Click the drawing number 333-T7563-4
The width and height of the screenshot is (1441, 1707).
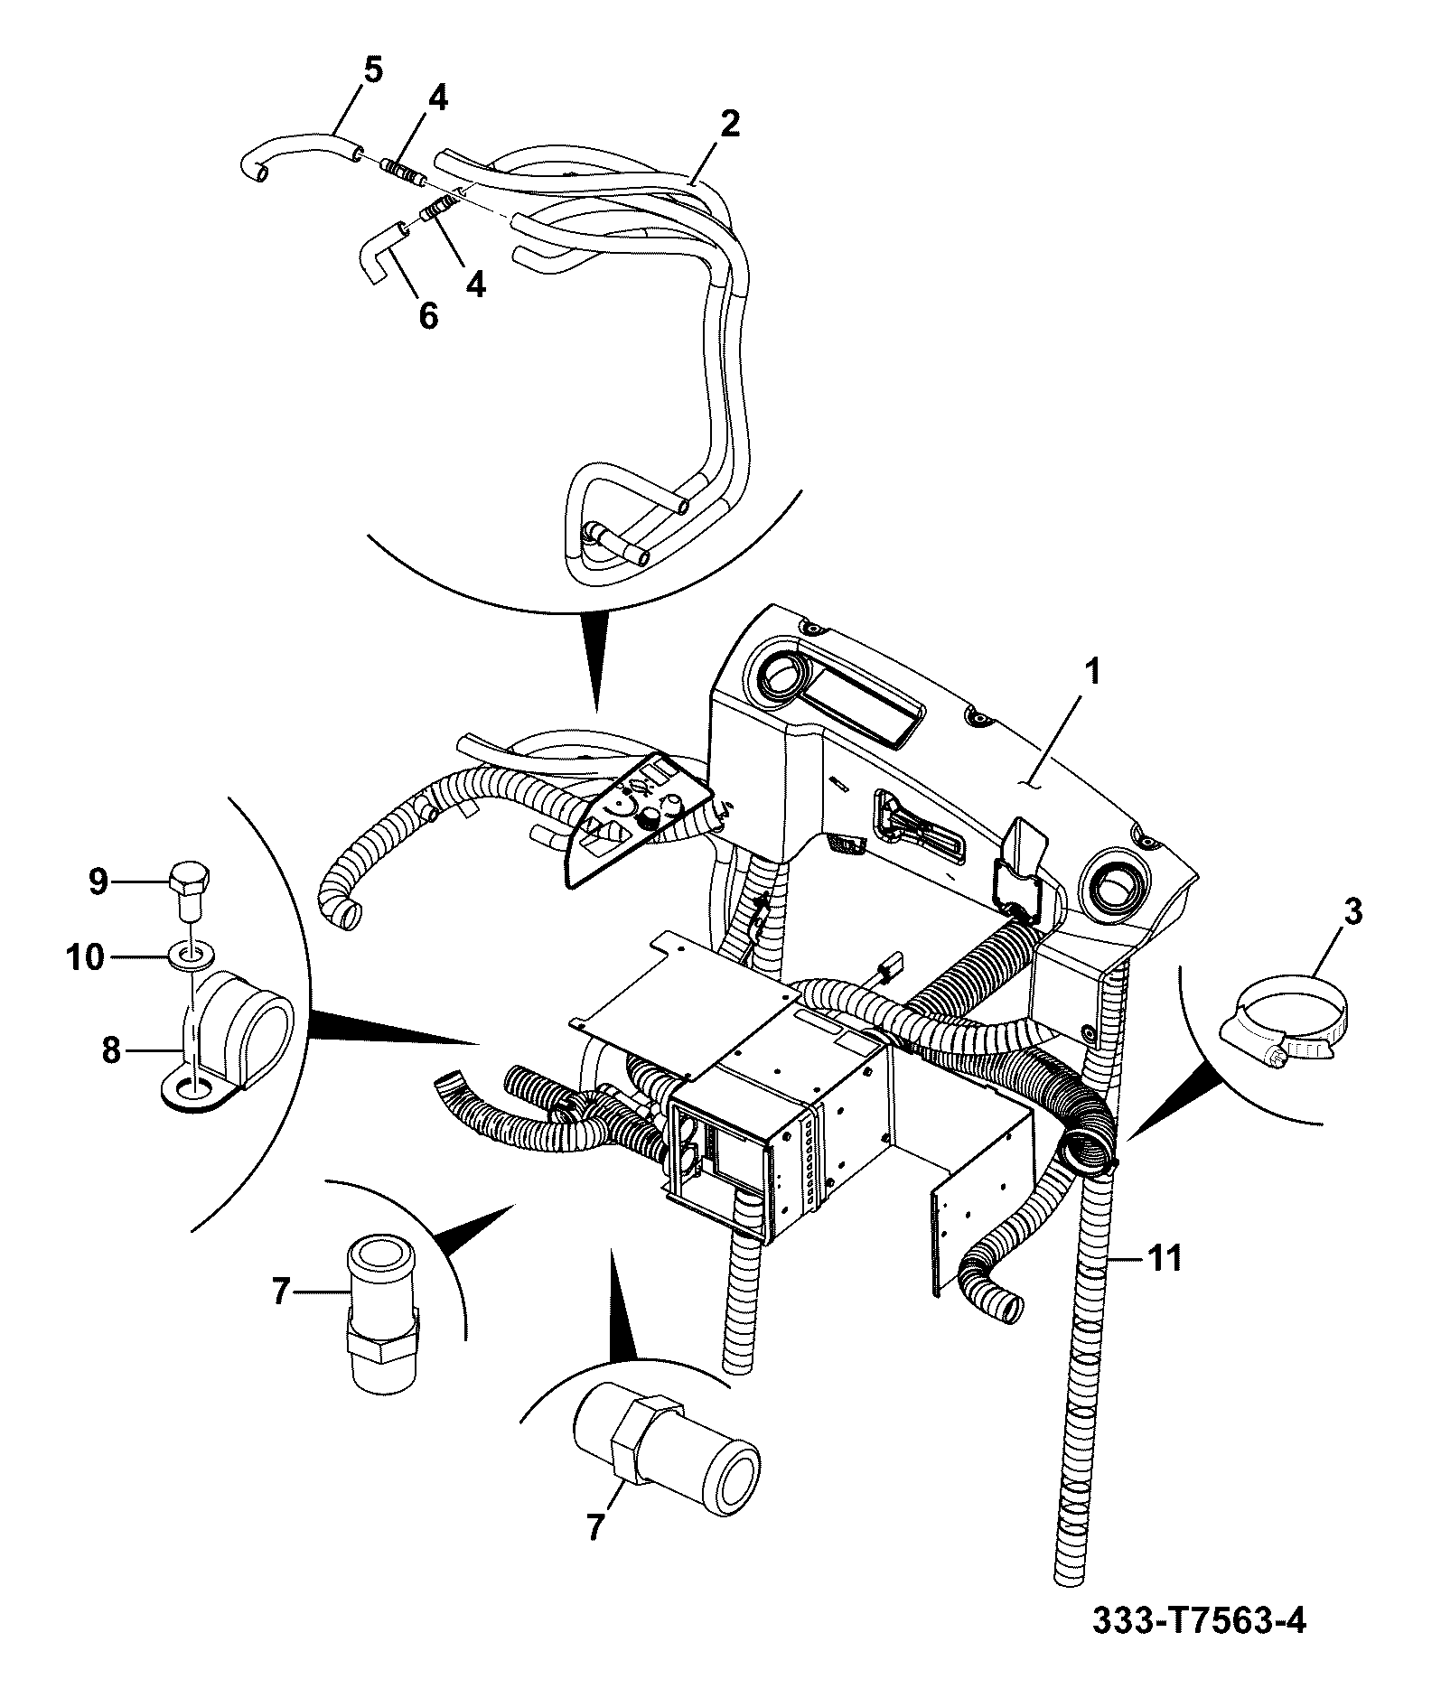point(1199,1646)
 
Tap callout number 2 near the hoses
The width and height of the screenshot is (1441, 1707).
point(729,124)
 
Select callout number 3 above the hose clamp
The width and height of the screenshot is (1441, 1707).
point(1352,911)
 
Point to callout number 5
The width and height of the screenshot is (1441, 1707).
point(373,70)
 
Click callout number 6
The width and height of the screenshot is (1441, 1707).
point(427,316)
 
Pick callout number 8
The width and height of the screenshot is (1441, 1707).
point(111,1050)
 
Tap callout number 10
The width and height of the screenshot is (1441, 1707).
point(87,956)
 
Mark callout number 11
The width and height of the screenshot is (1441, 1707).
point(1164,1258)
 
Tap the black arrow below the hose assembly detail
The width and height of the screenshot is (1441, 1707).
point(596,662)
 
